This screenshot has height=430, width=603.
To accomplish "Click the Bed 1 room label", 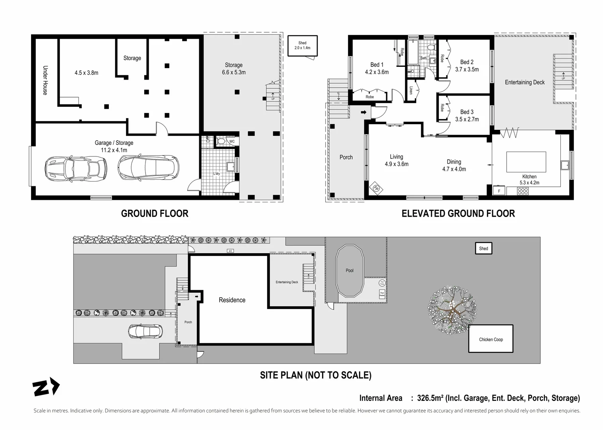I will (377, 65).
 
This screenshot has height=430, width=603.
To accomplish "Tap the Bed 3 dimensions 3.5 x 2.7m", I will (467, 119).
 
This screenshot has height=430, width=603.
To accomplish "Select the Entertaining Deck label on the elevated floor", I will (524, 82).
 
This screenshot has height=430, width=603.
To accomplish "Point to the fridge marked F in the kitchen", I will (499, 191).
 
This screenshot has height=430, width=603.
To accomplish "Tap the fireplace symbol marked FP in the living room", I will (376, 188).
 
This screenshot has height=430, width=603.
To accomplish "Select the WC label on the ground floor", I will (232, 141).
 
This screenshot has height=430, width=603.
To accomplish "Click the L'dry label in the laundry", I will (216, 174).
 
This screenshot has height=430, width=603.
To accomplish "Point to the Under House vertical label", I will (45, 80).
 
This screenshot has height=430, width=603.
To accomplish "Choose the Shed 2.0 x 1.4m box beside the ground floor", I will (302, 45).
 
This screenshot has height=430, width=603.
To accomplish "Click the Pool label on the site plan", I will (350, 271).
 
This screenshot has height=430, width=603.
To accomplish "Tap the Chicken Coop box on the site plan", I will (491, 339).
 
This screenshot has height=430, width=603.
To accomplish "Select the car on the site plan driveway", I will (145, 330).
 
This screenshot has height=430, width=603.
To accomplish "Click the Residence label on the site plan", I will (232, 300).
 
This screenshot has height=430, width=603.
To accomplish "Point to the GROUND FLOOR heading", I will (155, 214).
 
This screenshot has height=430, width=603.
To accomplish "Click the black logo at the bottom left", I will (46, 387).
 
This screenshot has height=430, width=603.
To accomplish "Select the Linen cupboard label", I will (411, 90).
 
